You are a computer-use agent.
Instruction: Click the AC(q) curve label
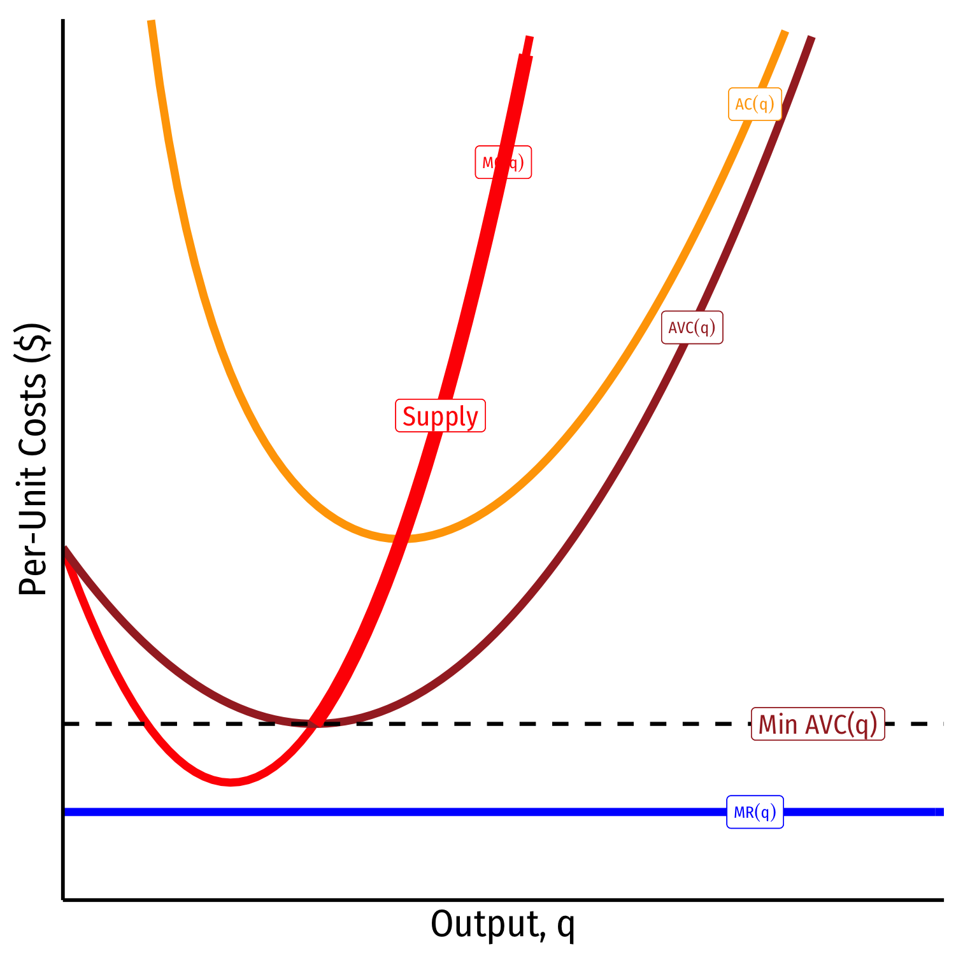755,104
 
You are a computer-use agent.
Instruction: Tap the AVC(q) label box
692,327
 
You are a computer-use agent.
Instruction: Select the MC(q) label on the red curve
503,162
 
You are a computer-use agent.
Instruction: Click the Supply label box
440,416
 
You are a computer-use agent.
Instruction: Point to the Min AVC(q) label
818,724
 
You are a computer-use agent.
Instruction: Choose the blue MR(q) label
755,812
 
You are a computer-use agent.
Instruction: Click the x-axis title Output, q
503,925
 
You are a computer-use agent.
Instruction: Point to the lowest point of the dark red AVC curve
317,724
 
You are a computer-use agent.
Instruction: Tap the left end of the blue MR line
66,812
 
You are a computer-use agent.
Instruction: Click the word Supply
440,416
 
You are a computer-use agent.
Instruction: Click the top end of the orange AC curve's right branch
785,32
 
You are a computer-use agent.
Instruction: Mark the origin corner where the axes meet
63,899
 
